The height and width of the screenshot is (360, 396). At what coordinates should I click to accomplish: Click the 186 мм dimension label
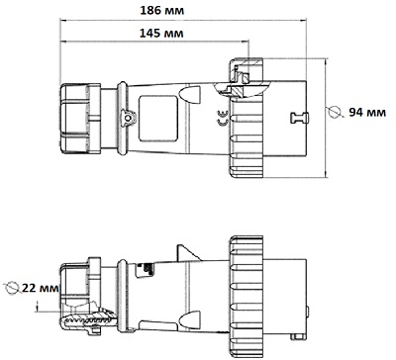tap(162, 11)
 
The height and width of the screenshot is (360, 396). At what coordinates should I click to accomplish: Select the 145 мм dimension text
tap(161, 33)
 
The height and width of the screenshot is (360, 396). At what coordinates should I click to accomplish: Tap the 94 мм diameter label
tap(367, 113)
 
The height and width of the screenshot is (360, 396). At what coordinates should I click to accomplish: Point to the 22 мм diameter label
tap(41, 288)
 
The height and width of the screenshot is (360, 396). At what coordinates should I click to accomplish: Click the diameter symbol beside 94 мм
tap(335, 112)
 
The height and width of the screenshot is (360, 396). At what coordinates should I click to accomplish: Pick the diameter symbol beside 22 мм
tap(12, 287)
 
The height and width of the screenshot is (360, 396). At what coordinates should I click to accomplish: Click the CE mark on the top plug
tap(222, 119)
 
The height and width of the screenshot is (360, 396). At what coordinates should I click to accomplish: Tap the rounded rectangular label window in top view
tap(158, 119)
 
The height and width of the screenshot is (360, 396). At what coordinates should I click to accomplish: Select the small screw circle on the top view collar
tap(128, 118)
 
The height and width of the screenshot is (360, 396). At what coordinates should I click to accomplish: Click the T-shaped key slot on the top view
tap(299, 118)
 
